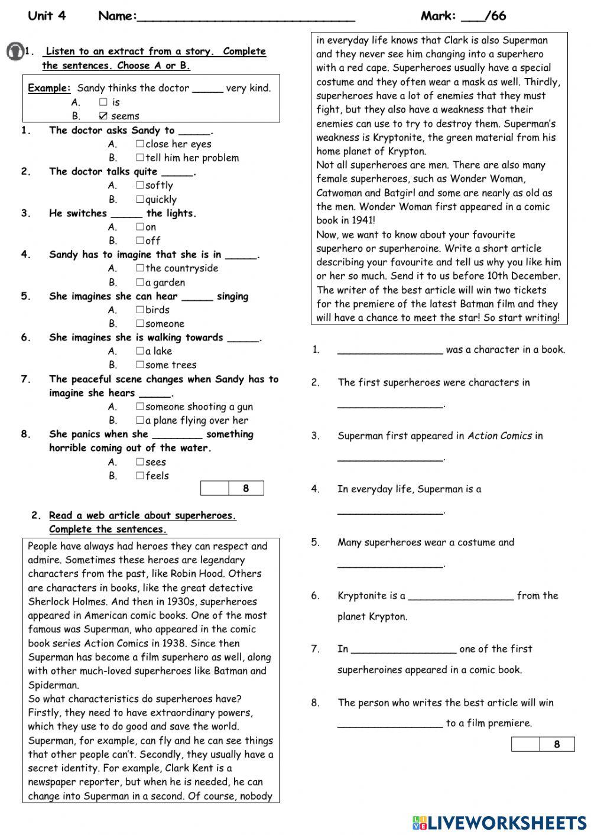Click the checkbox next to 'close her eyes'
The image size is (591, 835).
point(140,144)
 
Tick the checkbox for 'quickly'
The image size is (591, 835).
point(140,199)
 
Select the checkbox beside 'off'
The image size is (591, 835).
point(140,241)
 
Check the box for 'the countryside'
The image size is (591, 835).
point(140,268)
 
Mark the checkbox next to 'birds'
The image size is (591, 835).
point(140,310)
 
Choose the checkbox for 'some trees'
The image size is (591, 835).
point(140,365)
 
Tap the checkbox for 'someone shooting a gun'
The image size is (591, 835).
point(140,407)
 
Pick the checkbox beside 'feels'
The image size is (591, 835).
point(140,476)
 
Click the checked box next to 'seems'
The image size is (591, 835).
point(103,116)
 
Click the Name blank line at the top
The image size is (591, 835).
point(245,18)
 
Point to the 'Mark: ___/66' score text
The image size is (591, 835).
point(463,16)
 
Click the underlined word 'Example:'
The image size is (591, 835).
point(49,88)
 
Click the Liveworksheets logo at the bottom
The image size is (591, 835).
point(499,823)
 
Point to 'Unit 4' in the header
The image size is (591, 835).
point(47,16)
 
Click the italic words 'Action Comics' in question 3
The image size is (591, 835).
point(499,436)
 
